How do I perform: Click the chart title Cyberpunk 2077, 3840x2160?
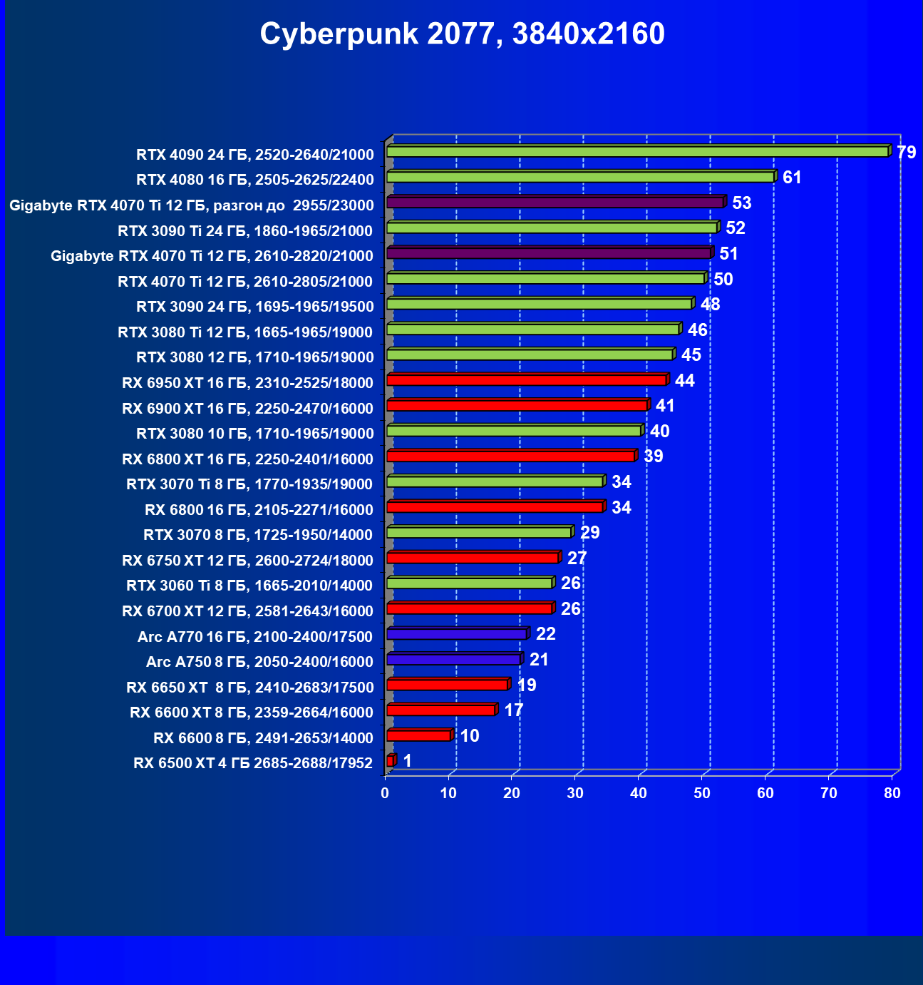462,34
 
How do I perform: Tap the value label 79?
906,153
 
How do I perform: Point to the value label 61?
792,178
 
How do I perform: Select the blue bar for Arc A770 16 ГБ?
456,634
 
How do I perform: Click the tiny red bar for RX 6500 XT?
390,761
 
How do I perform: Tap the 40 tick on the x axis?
639,793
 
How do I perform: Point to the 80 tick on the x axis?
892,793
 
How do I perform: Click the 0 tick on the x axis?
385,793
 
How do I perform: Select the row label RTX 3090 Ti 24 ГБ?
245,230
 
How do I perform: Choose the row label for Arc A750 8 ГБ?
259,662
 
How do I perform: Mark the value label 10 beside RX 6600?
470,736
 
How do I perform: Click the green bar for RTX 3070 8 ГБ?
478,533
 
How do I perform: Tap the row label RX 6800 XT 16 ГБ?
247,459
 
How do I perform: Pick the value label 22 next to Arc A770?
545,634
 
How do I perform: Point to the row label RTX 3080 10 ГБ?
254,434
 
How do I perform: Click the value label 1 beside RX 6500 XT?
407,761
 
